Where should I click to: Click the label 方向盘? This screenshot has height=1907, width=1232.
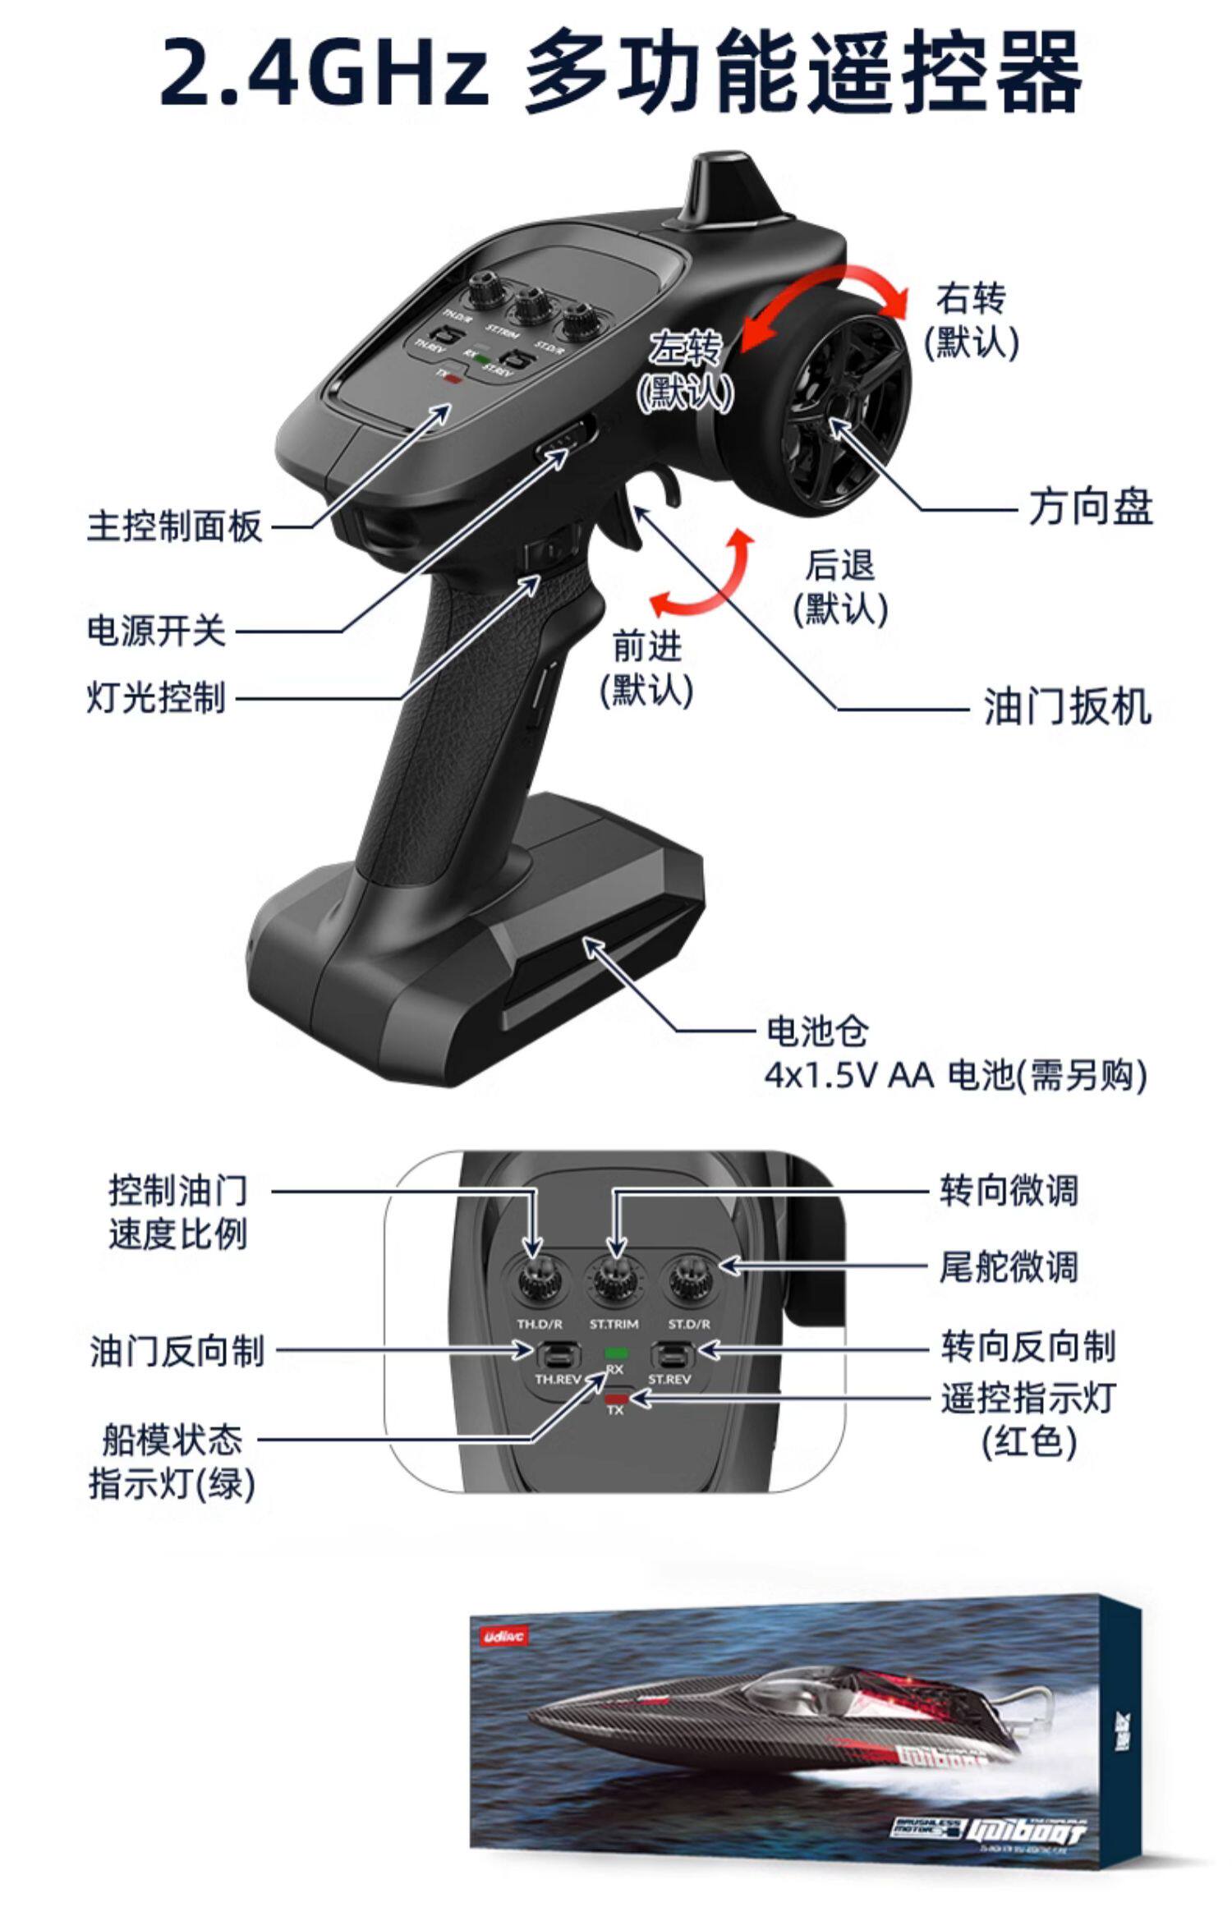[x=1090, y=508]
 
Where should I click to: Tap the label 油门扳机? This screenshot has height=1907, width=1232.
[x=1068, y=706]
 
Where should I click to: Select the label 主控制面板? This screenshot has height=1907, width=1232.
[x=174, y=526]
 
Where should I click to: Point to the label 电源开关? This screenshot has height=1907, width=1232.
[x=156, y=632]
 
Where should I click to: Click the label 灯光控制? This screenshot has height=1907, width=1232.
[x=156, y=698]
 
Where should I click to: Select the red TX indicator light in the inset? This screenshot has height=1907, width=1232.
[x=615, y=1397]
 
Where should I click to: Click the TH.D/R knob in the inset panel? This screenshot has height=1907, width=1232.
[x=540, y=1282]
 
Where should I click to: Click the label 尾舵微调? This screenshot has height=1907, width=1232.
[x=1008, y=1267]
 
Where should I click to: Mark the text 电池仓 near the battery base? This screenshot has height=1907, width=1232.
[x=816, y=1031]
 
